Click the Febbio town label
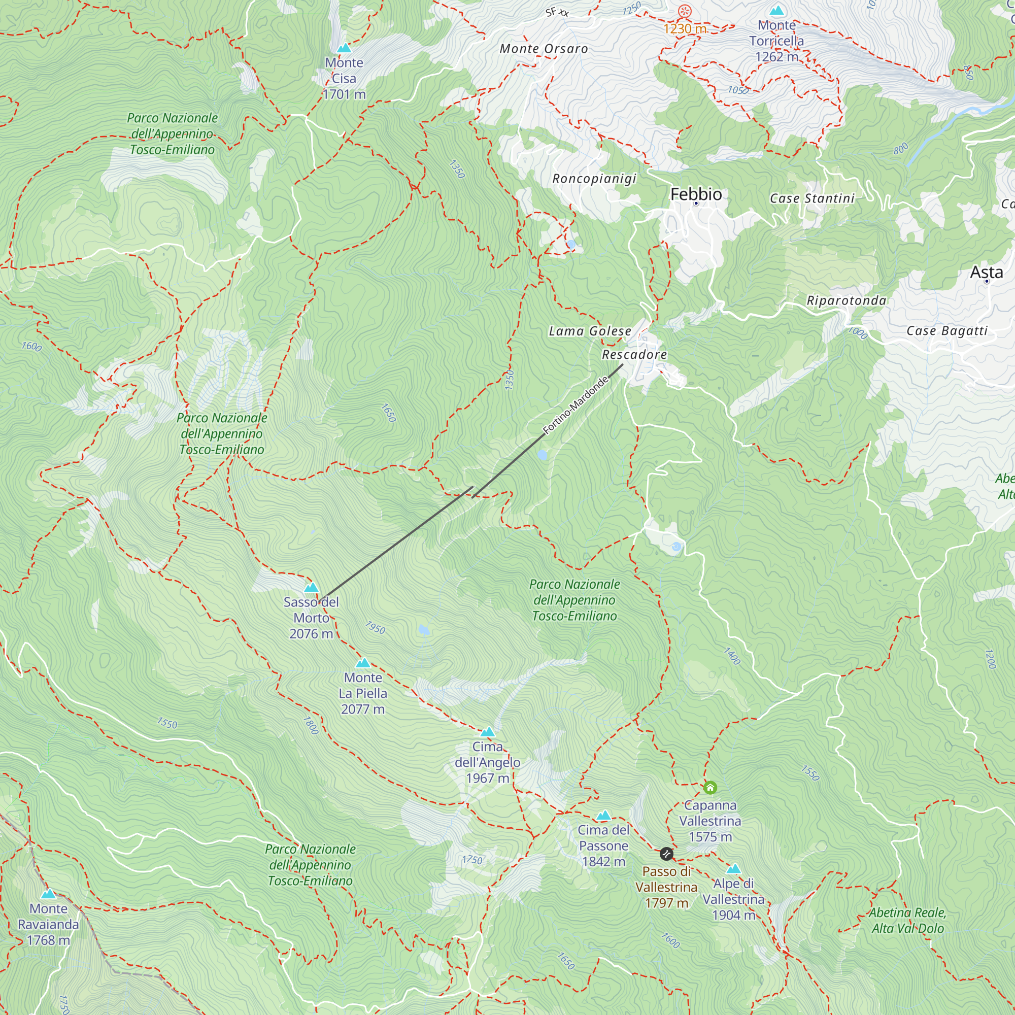[696, 194]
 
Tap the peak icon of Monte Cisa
[344, 48]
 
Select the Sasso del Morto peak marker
[312, 587]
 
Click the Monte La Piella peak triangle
[363, 663]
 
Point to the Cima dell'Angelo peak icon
[488, 732]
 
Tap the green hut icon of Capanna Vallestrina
[710, 788]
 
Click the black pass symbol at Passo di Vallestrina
[666, 854]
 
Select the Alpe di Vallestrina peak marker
[733, 868]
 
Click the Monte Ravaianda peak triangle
[48, 894]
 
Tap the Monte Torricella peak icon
[776, 11]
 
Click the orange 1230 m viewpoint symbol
[685, 11]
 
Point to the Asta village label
[986, 272]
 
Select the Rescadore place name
[634, 355]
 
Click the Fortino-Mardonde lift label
[575, 405]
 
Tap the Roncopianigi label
[594, 179]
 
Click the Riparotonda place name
[847, 300]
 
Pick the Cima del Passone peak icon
[603, 816]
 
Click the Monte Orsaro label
[544, 49]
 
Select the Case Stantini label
[812, 198]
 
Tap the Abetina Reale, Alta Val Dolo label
[907, 921]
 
